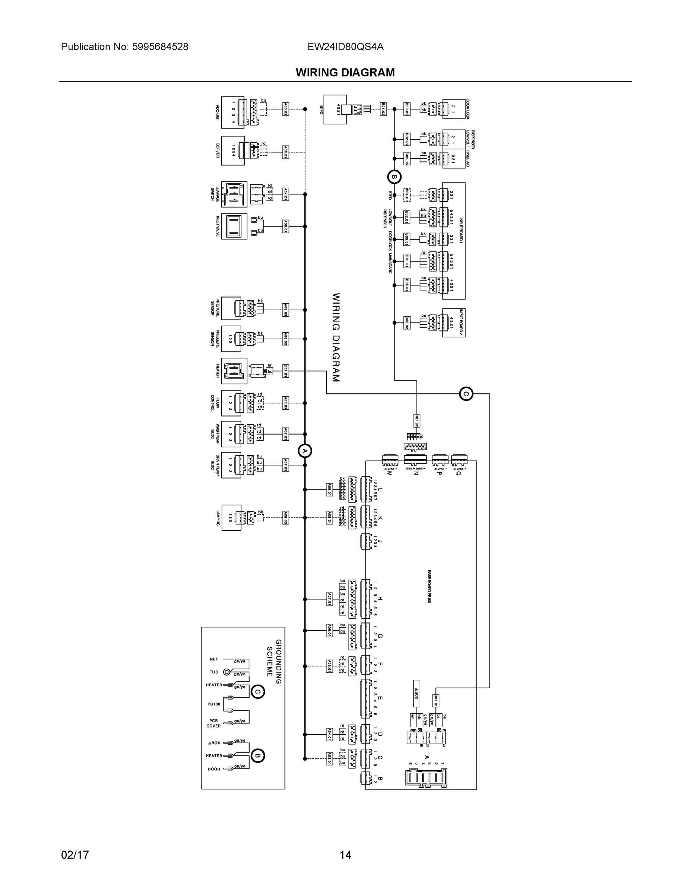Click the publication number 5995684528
(x=160, y=47)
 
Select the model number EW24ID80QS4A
(x=346, y=47)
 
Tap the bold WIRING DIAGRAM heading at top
(x=345, y=73)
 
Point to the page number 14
(x=345, y=855)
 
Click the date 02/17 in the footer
(x=75, y=855)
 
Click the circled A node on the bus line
(x=305, y=451)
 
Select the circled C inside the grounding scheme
(x=257, y=692)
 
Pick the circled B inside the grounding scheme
(x=257, y=756)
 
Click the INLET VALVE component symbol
(x=234, y=226)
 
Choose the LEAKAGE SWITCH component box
(x=234, y=194)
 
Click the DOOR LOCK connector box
(x=454, y=109)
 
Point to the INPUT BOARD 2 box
(x=454, y=323)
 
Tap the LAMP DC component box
(x=231, y=518)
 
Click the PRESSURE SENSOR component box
(x=231, y=339)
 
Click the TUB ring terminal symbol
(x=226, y=672)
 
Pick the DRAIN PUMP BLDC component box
(x=231, y=465)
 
